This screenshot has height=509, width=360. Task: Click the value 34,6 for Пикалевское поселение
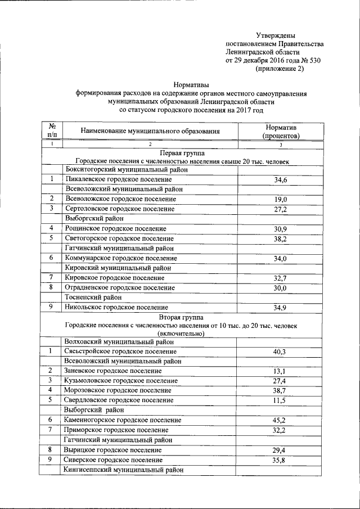click(x=280, y=180)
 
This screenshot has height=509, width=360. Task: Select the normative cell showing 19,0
click(x=280, y=200)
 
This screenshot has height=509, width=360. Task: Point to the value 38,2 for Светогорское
click(x=280, y=238)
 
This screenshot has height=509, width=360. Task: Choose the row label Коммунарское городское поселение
click(x=121, y=258)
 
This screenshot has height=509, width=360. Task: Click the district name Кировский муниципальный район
click(x=118, y=268)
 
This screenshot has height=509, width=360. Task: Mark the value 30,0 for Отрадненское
click(x=280, y=288)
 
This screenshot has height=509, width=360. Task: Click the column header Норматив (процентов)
click(x=280, y=132)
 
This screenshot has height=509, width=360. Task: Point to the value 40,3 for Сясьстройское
click(x=280, y=352)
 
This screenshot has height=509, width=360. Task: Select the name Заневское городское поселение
click(x=113, y=371)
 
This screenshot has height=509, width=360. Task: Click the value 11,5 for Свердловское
click(x=280, y=400)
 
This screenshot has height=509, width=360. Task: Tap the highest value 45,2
click(x=280, y=420)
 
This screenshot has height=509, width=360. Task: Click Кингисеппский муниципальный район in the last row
click(x=124, y=470)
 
